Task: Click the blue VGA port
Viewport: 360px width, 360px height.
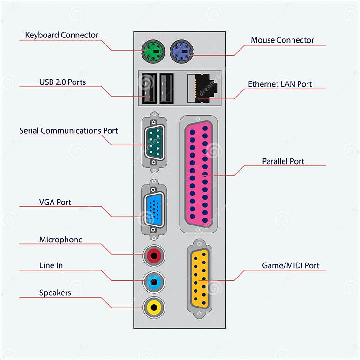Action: click(x=153, y=212)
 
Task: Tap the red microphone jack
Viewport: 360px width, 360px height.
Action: click(x=154, y=255)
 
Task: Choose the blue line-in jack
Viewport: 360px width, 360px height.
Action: click(x=154, y=281)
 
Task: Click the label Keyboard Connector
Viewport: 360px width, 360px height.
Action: click(x=61, y=35)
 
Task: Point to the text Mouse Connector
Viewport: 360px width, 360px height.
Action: click(x=282, y=40)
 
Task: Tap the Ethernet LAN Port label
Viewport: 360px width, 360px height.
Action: click(x=280, y=84)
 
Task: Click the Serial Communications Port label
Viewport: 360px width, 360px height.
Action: click(x=68, y=131)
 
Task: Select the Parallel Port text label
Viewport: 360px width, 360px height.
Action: click(x=283, y=161)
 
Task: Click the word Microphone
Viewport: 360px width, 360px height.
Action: click(x=61, y=240)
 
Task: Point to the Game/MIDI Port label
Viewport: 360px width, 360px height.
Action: click(x=291, y=266)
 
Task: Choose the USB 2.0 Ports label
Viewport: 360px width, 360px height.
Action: click(x=62, y=82)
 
